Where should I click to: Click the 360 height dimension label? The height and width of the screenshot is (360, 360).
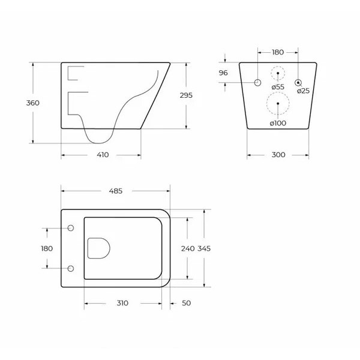click(32, 103)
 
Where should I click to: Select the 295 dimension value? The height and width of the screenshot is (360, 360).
click(186, 95)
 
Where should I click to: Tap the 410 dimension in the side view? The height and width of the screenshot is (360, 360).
click(103, 155)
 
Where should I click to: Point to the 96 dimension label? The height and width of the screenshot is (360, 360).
click(223, 73)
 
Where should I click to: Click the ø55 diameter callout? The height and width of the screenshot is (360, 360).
click(278, 87)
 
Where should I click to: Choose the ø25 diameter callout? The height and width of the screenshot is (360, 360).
click(303, 91)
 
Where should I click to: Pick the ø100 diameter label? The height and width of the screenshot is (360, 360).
click(278, 123)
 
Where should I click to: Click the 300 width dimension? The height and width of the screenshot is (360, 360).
click(278, 155)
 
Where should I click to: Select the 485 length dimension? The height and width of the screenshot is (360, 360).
click(116, 191)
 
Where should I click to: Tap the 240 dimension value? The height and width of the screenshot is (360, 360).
click(188, 248)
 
